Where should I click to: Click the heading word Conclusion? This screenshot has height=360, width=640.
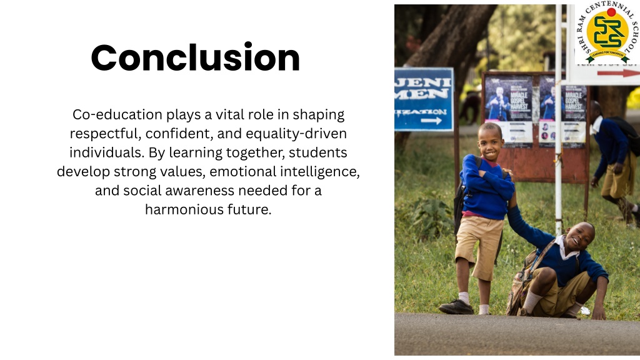[196, 58]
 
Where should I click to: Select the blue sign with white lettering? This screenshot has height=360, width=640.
[423, 99]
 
